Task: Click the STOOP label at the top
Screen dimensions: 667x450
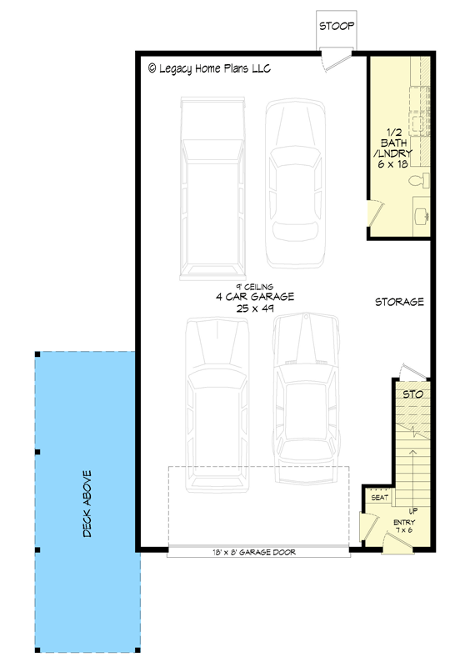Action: coord(337,27)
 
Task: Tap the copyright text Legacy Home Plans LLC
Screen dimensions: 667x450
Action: coord(209,68)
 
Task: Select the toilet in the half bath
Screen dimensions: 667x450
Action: coord(423,181)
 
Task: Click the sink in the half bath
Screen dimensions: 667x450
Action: coord(422,214)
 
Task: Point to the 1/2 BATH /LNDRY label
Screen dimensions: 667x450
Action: coord(396,148)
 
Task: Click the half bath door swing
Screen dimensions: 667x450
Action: coord(375,213)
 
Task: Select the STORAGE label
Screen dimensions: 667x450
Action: coord(399,302)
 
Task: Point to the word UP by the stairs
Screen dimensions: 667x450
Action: coord(413,511)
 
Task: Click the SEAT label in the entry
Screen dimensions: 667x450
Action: coord(379,498)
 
